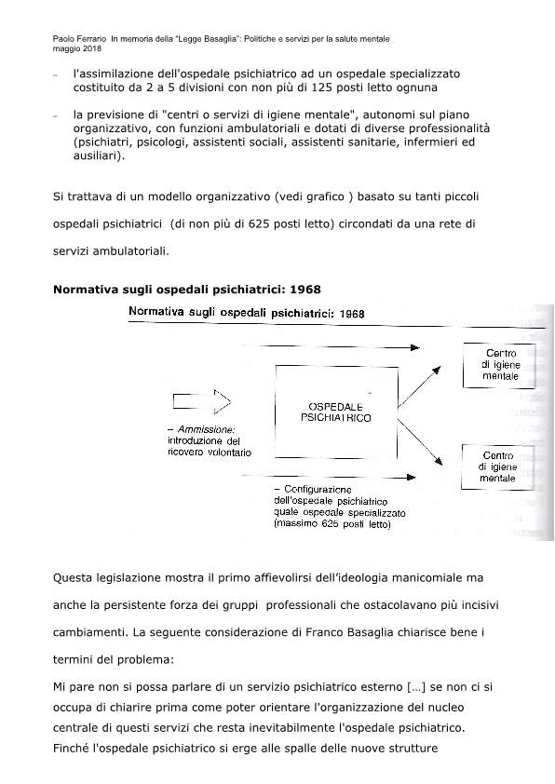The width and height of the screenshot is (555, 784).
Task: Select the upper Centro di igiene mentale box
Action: [x=499, y=366]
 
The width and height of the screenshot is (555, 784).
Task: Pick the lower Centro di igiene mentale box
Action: [x=498, y=466]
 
